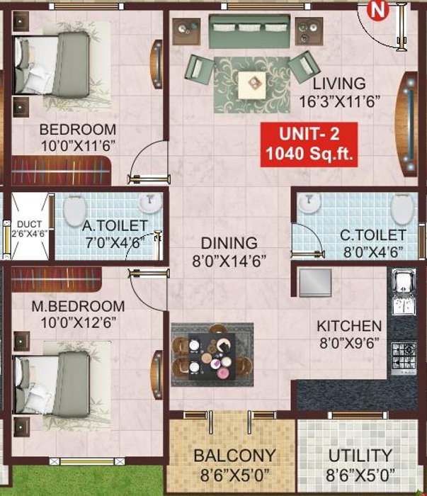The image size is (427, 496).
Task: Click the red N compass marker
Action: point(378,9)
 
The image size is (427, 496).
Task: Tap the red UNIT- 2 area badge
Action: point(308,144)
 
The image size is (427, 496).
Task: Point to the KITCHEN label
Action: point(349,327)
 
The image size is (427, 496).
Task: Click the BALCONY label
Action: point(234,455)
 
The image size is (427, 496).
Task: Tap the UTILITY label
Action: point(360,455)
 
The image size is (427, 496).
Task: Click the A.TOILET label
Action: point(115,226)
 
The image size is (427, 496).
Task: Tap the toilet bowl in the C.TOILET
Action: point(402,208)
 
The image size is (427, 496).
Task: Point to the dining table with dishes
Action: point(211,354)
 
